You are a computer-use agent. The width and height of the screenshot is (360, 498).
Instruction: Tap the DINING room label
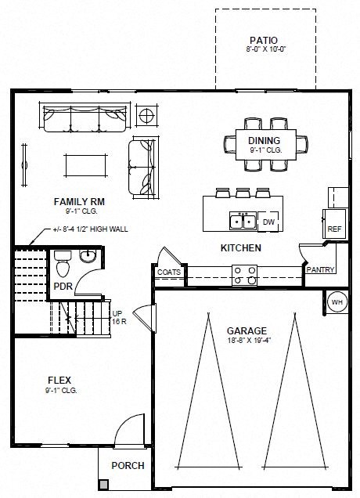pyautogui.click(x=242, y=141)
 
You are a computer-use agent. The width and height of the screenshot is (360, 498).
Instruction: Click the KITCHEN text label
pyautogui.click(x=240, y=248)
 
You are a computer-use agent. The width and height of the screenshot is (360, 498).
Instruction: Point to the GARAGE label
pyautogui.click(x=247, y=330)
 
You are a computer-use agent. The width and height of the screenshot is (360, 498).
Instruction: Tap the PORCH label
pyautogui.click(x=128, y=465)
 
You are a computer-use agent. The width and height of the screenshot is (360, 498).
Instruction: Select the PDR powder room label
pyautogui.click(x=63, y=286)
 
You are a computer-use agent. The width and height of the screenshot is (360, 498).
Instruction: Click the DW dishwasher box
pyautogui.click(x=268, y=222)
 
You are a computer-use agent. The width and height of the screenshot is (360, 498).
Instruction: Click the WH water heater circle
pyautogui.click(x=337, y=301)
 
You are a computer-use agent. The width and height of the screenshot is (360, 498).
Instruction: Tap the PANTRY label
pyautogui.click(x=321, y=270)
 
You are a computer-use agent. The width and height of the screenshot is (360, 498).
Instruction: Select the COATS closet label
pyautogui.click(x=169, y=272)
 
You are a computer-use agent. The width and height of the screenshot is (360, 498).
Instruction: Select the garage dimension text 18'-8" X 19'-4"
pyautogui.click(x=247, y=341)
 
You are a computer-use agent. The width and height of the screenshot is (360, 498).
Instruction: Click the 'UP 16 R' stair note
pyautogui.click(x=119, y=317)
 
